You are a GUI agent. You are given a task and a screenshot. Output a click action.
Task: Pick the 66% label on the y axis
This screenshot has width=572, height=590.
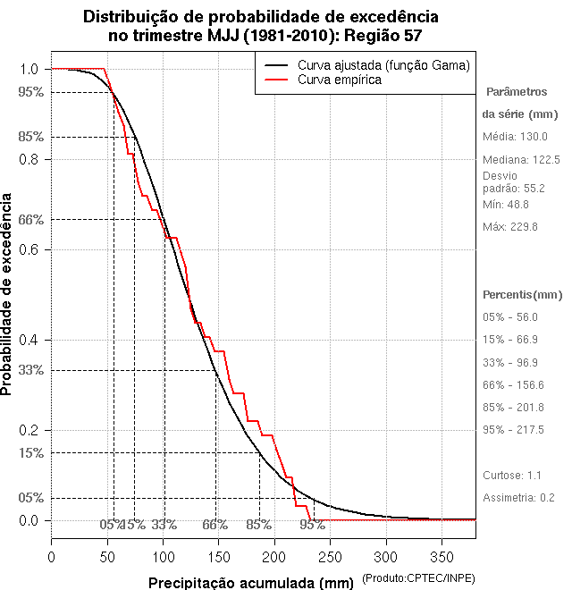coord(30,219)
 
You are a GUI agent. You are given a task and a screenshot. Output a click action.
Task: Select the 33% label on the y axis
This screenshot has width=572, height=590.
coord(30,370)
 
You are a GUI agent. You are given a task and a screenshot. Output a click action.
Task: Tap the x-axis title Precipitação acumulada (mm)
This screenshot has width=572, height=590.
coord(250,583)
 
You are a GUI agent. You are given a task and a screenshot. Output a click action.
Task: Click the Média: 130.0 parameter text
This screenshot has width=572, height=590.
coord(515,137)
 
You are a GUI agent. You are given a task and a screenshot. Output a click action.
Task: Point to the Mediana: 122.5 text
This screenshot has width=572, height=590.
coord(521,159)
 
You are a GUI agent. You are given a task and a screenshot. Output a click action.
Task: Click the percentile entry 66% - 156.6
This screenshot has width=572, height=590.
coord(513,385)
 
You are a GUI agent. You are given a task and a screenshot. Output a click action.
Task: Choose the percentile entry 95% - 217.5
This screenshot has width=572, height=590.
coord(513,430)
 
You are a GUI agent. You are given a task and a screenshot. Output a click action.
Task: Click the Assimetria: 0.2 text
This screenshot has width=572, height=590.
coord(521,497)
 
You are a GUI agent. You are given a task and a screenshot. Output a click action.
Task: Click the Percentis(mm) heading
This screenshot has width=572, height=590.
coord(523,294)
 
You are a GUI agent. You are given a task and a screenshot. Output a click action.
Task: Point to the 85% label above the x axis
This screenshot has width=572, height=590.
coord(259,525)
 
